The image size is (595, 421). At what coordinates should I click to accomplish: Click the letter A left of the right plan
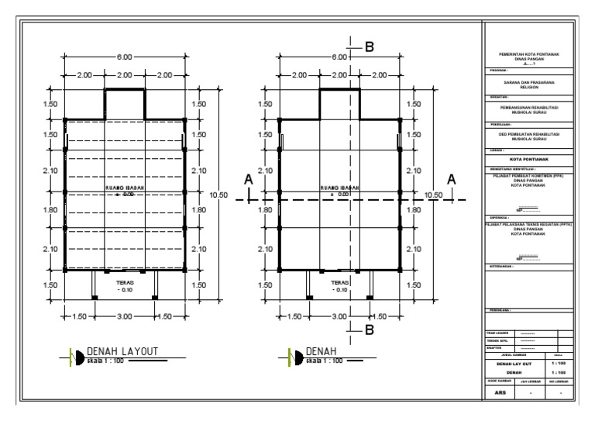point(249,179)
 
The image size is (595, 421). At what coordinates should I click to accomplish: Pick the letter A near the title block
point(452,179)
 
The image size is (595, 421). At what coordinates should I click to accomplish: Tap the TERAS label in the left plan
point(125,284)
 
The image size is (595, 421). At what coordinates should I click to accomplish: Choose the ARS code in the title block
point(499,393)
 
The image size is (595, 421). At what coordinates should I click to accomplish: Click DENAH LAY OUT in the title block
point(511,363)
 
